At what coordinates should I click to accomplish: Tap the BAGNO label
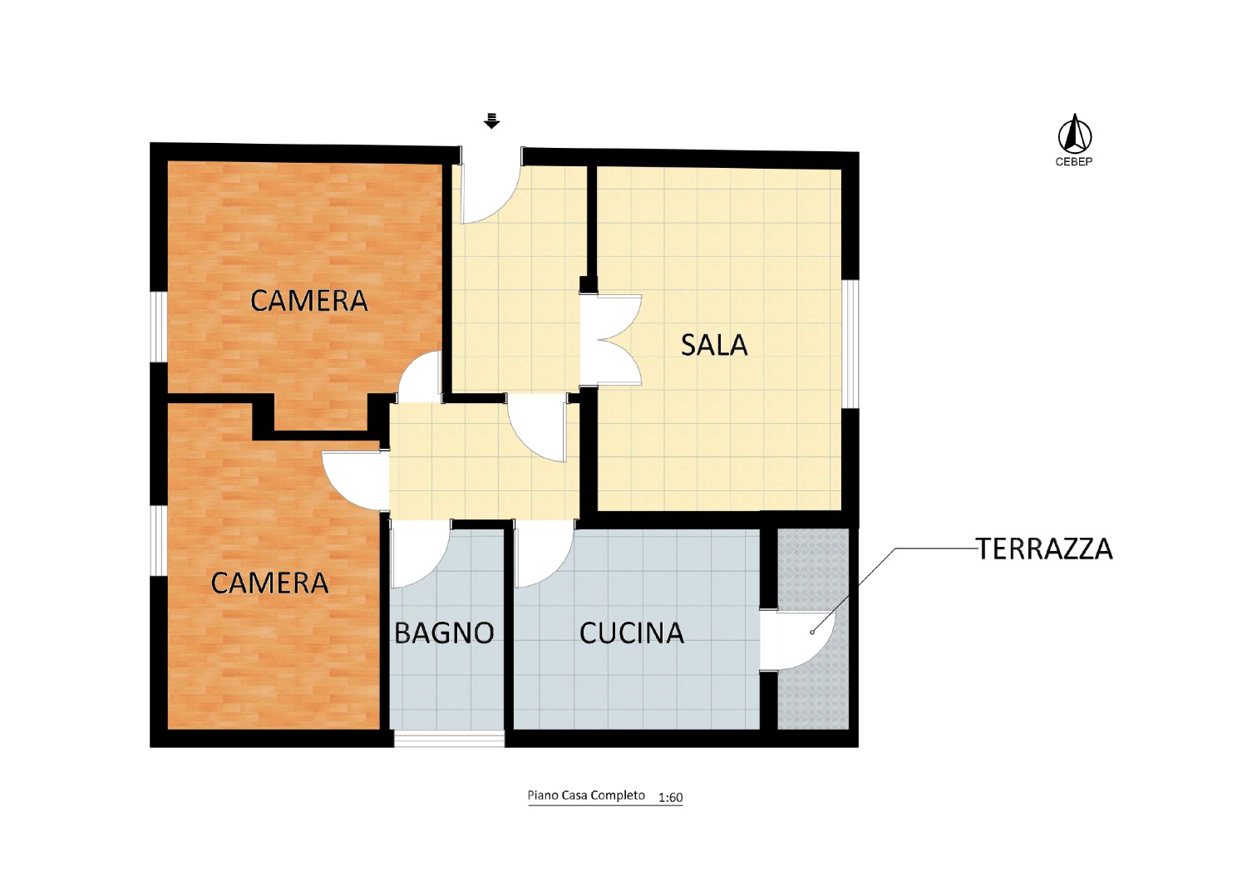[x=444, y=632]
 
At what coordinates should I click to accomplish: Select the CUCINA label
[x=632, y=632]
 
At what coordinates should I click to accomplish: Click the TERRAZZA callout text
[x=1045, y=549]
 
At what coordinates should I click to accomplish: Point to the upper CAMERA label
[x=309, y=301]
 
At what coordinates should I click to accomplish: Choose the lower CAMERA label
[x=269, y=583]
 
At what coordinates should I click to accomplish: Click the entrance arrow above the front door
[x=491, y=121]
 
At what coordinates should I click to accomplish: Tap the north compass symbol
[x=1074, y=134]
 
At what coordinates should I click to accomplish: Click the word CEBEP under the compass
[x=1074, y=162]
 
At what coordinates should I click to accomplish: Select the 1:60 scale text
[x=670, y=798]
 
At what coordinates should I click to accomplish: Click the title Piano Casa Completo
[x=586, y=795]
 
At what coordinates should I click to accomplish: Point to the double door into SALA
[x=611, y=339]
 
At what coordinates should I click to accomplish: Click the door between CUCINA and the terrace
[x=796, y=640]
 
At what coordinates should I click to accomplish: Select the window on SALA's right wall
[x=850, y=343]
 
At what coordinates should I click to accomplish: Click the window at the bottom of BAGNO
[x=449, y=739]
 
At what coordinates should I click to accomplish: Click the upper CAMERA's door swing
[x=420, y=377]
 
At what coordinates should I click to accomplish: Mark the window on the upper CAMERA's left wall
[x=159, y=327]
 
